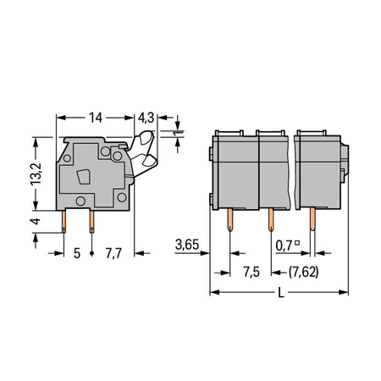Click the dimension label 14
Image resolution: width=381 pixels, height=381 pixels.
[96, 118]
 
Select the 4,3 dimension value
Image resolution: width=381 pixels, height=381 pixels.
[146, 118]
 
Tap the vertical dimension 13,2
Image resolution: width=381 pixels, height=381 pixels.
[36, 174]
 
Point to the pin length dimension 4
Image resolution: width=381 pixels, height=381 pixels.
[36, 221]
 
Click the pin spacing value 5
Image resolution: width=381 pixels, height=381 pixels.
[77, 253]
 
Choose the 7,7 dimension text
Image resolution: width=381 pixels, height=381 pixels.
[113, 253]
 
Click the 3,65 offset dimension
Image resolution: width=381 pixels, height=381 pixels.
[187, 245]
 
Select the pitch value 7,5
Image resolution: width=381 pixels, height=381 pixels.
[251, 273]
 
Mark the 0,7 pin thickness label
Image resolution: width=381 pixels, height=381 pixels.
[284, 246]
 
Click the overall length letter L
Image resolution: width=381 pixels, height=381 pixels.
[281, 293]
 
